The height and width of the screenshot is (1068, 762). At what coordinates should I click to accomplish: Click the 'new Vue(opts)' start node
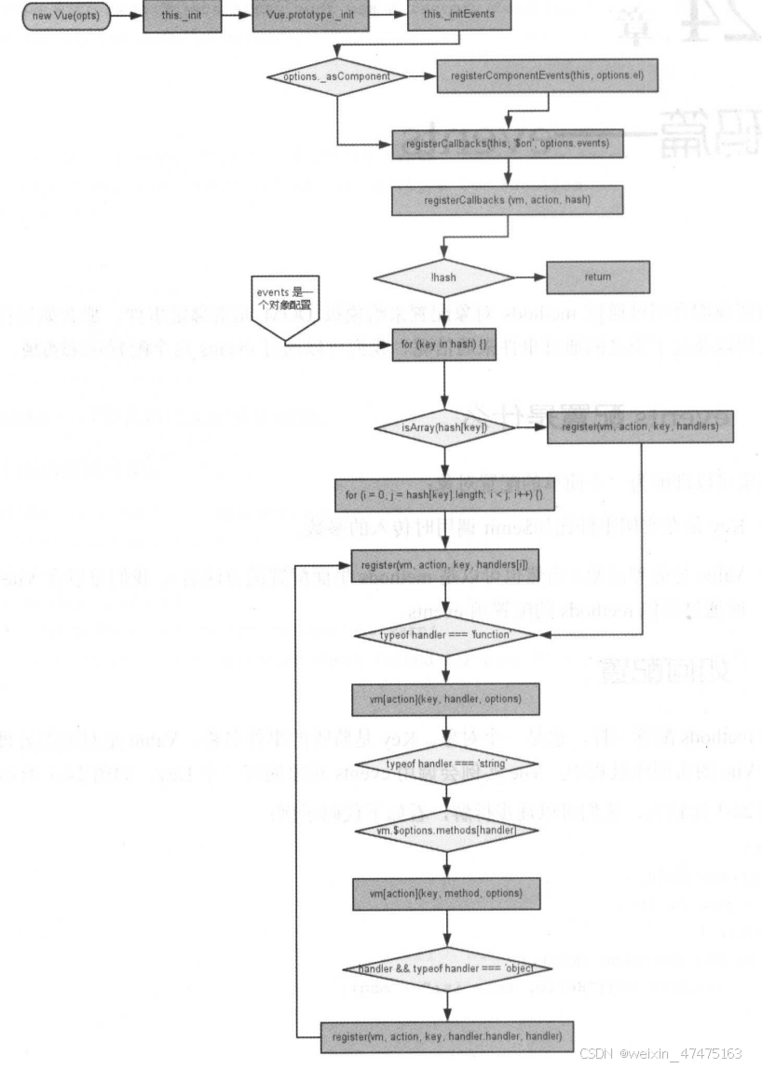click(65, 16)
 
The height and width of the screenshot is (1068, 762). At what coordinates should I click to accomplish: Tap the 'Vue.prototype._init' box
click(304, 16)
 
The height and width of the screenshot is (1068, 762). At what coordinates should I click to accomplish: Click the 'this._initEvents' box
click(445, 16)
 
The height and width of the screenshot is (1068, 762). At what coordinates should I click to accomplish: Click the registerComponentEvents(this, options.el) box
click(546, 75)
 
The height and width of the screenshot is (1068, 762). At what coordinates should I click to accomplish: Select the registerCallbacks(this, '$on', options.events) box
click(507, 144)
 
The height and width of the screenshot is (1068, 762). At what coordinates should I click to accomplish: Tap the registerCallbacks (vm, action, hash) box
click(507, 201)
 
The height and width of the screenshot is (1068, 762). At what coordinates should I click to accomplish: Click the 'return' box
click(597, 277)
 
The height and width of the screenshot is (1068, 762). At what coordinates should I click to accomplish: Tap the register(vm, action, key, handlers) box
click(640, 427)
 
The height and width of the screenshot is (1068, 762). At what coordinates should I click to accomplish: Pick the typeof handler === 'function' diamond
click(445, 635)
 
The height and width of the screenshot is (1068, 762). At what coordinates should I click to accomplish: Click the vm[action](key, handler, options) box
click(445, 698)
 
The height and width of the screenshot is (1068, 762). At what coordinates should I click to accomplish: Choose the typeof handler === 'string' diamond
click(445, 764)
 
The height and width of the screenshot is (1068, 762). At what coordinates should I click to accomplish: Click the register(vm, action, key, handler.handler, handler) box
click(445, 1034)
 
